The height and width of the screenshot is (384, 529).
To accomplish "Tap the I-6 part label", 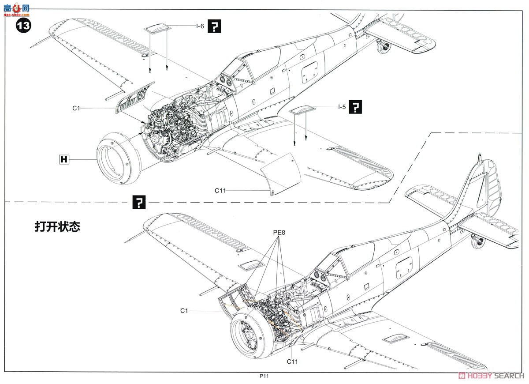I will pos(200,26).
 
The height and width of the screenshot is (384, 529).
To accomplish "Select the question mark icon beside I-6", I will pos(214,27).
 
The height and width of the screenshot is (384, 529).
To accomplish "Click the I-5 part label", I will pos(342,107).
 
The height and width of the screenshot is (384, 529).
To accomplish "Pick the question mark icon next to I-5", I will pos(355,107).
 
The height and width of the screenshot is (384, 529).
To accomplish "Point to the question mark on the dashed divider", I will pos(139,203).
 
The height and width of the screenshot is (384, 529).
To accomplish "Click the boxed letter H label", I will pos(64,159).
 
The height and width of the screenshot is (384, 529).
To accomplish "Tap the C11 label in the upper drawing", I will pos(220,190).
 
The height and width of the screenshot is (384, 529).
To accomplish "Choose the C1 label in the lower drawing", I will pos(184,311).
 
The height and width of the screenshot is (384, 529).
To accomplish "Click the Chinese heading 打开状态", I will pos(58,227).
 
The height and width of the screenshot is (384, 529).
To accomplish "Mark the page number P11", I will pos(264,376).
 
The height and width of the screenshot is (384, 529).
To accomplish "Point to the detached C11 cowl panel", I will pos(282,173).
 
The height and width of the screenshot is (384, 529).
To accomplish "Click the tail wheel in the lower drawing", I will pos(477,242).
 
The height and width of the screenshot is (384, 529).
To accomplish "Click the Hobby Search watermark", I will pos(491,376).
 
